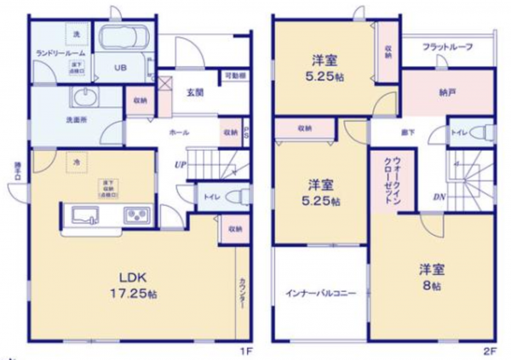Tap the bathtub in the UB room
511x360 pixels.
coord(124,38)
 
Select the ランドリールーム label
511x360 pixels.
coord(58,52)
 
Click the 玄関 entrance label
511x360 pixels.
coord(195,93)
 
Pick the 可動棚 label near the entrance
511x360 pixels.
coord(236,77)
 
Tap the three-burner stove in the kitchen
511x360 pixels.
coord(135,215)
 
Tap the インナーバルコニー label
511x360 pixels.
coord(320,294)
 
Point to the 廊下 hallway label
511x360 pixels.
coord(408,133)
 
